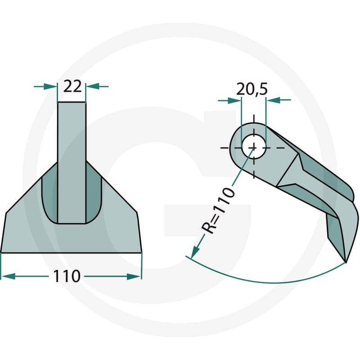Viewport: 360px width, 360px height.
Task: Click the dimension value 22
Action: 72,86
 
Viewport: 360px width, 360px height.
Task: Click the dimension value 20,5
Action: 252,89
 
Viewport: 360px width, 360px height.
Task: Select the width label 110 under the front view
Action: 67,276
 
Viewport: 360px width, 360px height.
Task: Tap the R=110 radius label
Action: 218,210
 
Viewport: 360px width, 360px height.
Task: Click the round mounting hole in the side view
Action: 254,148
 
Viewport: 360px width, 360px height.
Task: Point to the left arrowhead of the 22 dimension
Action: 50,86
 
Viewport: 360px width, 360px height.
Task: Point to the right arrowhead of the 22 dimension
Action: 93,86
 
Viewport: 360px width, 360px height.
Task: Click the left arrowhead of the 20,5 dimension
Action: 234,100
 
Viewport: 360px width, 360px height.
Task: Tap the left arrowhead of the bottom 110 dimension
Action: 8,276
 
